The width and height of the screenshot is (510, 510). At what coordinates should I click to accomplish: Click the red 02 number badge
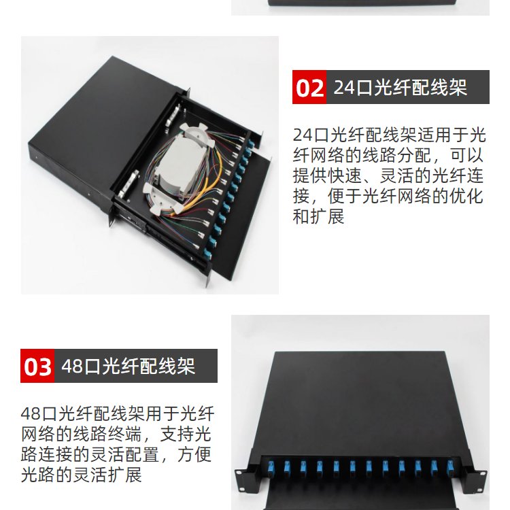click(309, 87)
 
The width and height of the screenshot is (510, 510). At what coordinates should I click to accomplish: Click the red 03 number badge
click(37, 366)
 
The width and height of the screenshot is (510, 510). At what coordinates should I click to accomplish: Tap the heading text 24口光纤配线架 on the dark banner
click(401, 87)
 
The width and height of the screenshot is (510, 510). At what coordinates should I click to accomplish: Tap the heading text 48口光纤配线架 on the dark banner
click(128, 366)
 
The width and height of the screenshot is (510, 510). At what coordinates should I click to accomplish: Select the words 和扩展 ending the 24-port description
click(318, 217)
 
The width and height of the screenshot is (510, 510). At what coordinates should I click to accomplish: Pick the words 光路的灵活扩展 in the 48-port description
click(82, 475)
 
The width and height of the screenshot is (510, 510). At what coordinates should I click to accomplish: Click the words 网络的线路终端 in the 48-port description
click(82, 435)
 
